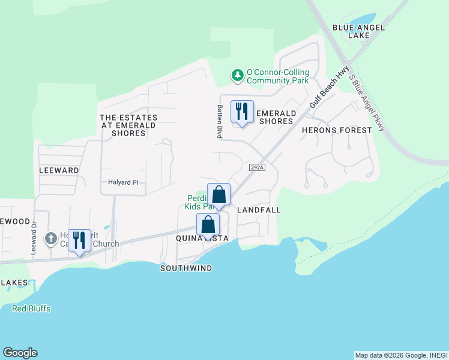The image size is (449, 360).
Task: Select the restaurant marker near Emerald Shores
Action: coord(242,112)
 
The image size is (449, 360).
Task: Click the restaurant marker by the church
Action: coord(79,241)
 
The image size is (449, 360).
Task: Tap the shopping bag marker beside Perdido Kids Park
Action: coord(219,194)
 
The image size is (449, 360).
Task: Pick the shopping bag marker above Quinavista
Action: coord(208,225)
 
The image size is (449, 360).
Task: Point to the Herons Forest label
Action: coord(328,130)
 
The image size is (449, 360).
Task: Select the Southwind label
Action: coord(186,268)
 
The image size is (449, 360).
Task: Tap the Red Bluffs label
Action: coord(31,308)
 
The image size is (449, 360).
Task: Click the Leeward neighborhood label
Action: coord(59,170)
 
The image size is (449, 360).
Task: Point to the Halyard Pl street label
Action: coord(123,182)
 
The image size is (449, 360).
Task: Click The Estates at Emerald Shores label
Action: coord(128,125)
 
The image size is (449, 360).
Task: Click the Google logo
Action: coord(20,353)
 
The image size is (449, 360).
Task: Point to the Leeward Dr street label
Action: coord(34,238)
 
